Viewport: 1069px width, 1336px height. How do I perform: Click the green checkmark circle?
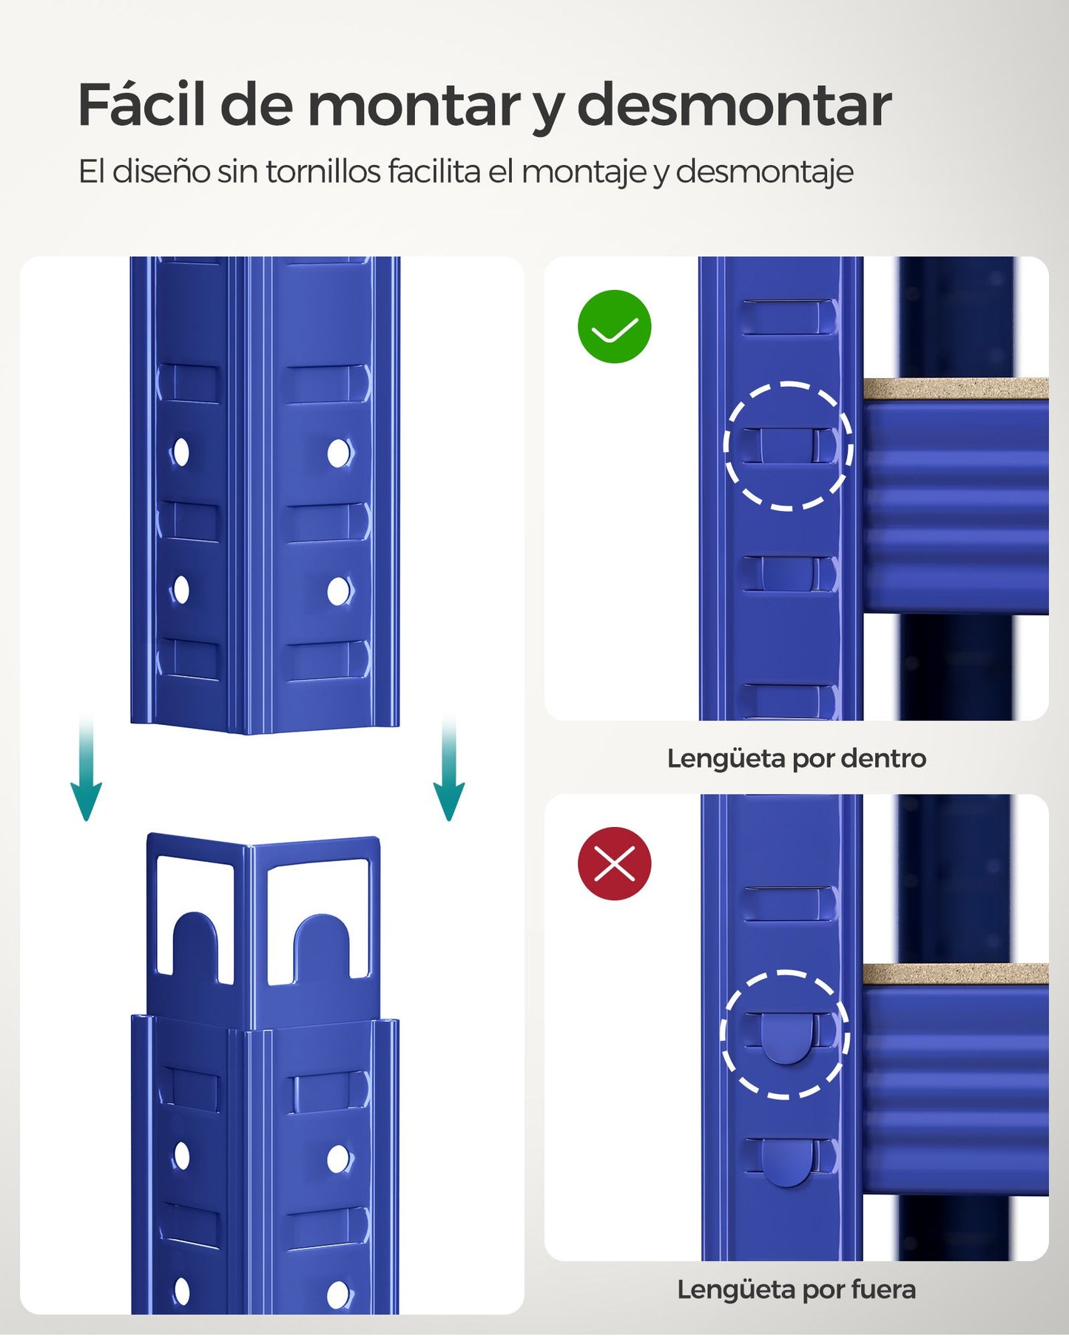(614, 326)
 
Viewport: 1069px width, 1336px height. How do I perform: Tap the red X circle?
(614, 863)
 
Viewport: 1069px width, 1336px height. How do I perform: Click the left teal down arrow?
(86, 769)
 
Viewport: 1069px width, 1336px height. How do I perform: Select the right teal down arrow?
(448, 769)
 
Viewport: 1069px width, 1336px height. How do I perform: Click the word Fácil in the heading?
(141, 105)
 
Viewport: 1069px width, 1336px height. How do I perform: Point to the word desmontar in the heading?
(734, 105)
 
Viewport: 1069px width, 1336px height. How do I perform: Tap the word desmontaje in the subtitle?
(764, 172)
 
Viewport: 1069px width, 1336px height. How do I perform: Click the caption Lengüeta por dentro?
(796, 758)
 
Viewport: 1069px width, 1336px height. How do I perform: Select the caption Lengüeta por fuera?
(796, 1289)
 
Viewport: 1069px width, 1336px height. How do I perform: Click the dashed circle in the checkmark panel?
(788, 446)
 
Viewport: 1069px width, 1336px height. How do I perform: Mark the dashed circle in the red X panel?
(785, 1033)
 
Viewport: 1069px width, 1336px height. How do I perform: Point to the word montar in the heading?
(414, 105)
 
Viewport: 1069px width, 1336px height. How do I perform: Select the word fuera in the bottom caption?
(883, 1289)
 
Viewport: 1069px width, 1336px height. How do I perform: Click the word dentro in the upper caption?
(883, 758)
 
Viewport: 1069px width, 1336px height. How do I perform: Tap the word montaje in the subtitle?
(583, 172)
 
